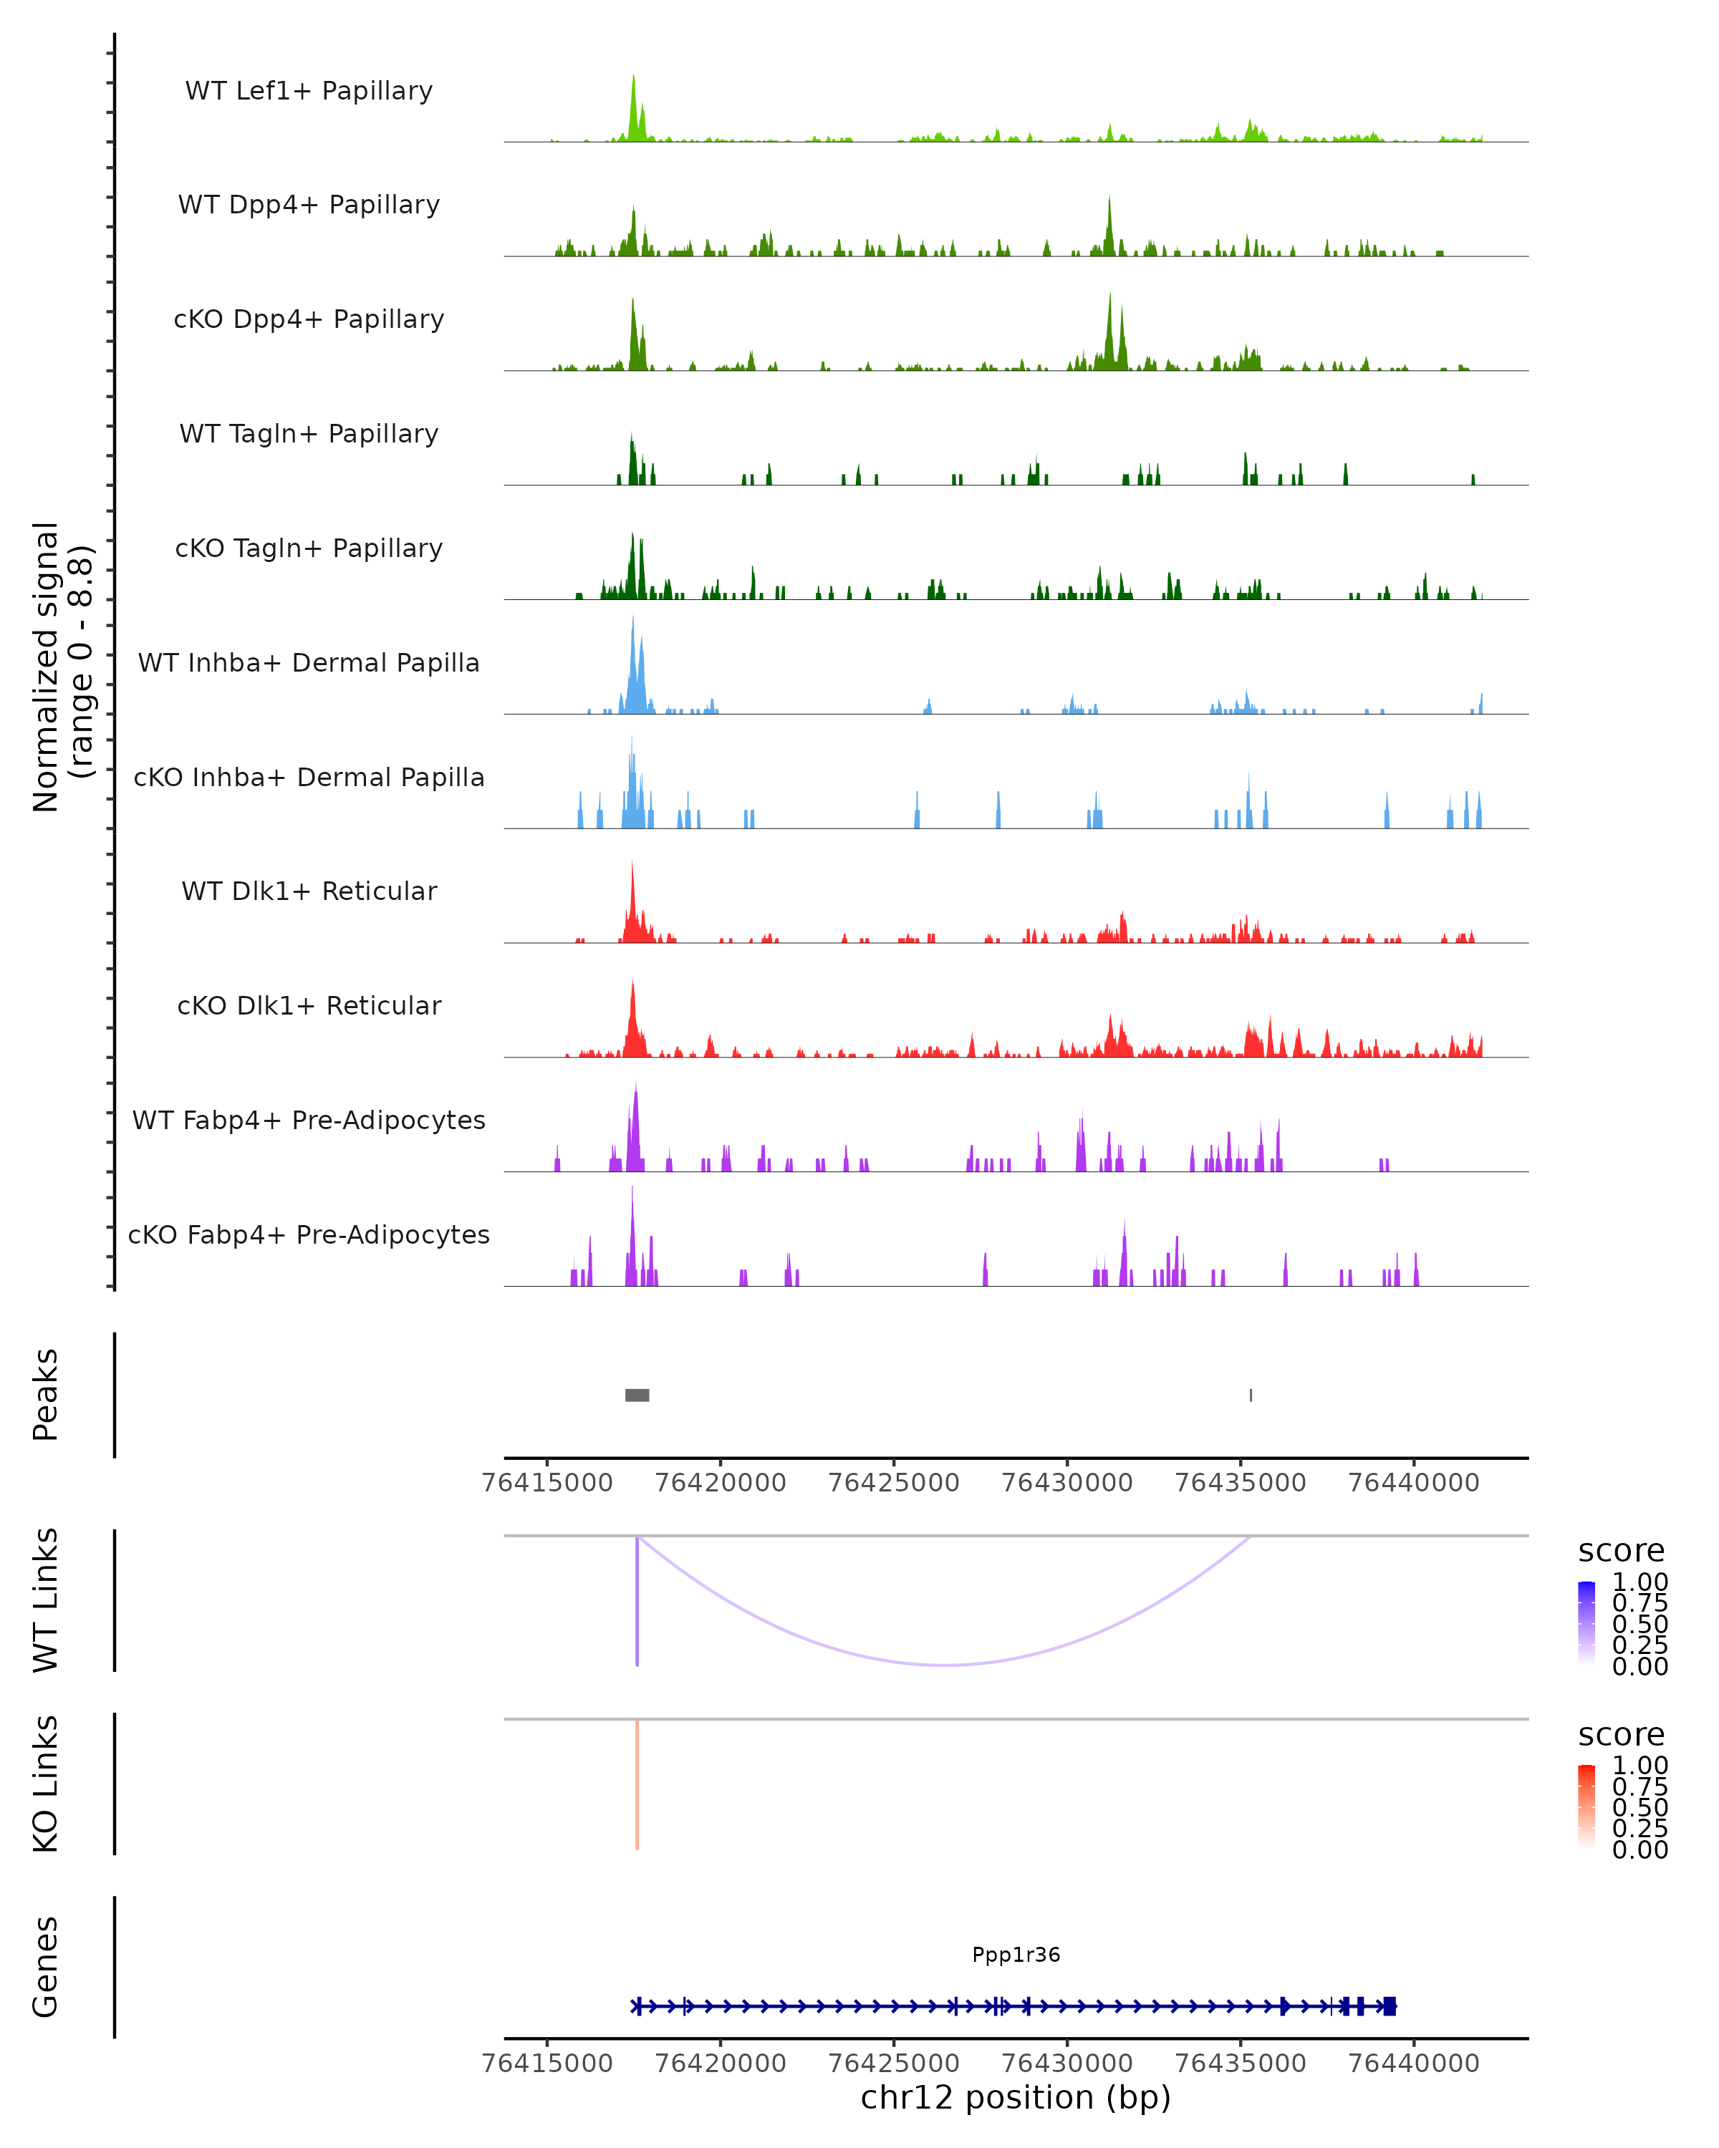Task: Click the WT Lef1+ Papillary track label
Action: click(x=309, y=91)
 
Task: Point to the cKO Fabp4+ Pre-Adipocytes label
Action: click(x=309, y=1234)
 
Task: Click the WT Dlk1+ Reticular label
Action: click(x=309, y=891)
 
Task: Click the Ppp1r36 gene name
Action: click(x=1016, y=1955)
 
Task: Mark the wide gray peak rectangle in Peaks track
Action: click(x=637, y=1395)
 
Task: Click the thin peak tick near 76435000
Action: click(x=1251, y=1395)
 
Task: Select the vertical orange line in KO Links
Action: click(x=637, y=1784)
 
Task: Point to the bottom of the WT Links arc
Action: click(x=945, y=1665)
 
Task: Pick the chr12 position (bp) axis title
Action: click(x=1016, y=2097)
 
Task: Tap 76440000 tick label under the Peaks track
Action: click(x=1413, y=1483)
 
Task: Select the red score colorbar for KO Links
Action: click(x=1586, y=1806)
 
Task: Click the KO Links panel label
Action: click(x=46, y=1784)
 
